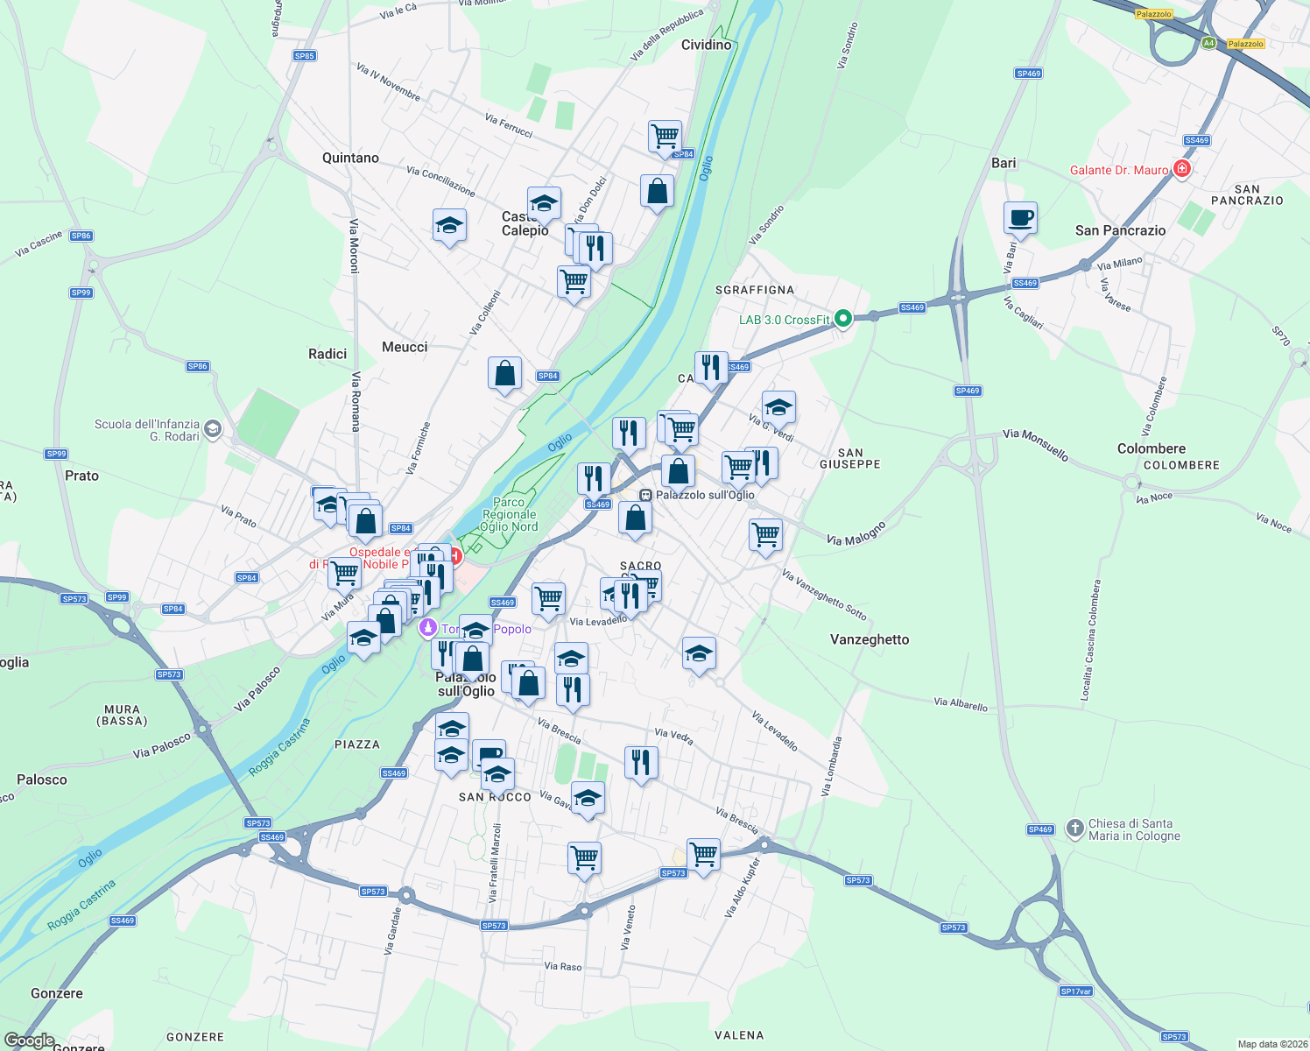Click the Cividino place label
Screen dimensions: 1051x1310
click(x=706, y=45)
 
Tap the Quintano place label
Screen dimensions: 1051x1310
click(x=350, y=158)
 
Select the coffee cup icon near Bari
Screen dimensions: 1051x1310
click(x=1020, y=218)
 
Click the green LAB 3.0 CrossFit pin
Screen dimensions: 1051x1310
click(x=843, y=319)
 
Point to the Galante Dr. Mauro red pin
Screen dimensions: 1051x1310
click(x=1182, y=169)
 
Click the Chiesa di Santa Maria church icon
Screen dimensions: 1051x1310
click(x=1075, y=829)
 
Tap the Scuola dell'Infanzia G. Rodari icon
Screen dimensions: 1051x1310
click(x=214, y=429)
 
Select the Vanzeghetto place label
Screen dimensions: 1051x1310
click(x=870, y=639)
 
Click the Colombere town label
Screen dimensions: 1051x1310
click(x=1152, y=448)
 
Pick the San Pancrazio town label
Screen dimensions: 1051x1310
click(x=1120, y=230)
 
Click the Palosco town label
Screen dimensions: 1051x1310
click(x=42, y=779)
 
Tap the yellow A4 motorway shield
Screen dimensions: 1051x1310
click(x=1208, y=43)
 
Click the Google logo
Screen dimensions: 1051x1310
click(x=30, y=1040)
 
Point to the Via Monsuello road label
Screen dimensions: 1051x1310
click(x=1035, y=444)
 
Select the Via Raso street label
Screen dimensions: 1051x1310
click(x=563, y=967)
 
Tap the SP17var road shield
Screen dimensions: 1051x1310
click(x=1075, y=991)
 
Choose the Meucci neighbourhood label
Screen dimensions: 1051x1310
click(x=405, y=347)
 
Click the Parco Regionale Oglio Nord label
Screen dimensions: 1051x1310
click(x=509, y=515)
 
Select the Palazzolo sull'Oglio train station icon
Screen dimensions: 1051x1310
click(x=645, y=495)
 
